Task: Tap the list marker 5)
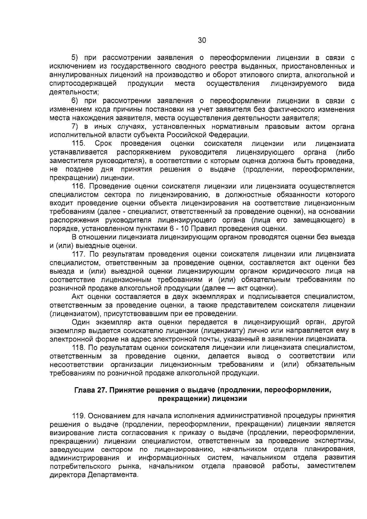75,58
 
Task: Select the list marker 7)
75,127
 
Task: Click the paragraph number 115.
79,144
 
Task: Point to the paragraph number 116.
79,187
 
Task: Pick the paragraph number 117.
79,254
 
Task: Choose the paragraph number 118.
79,348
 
